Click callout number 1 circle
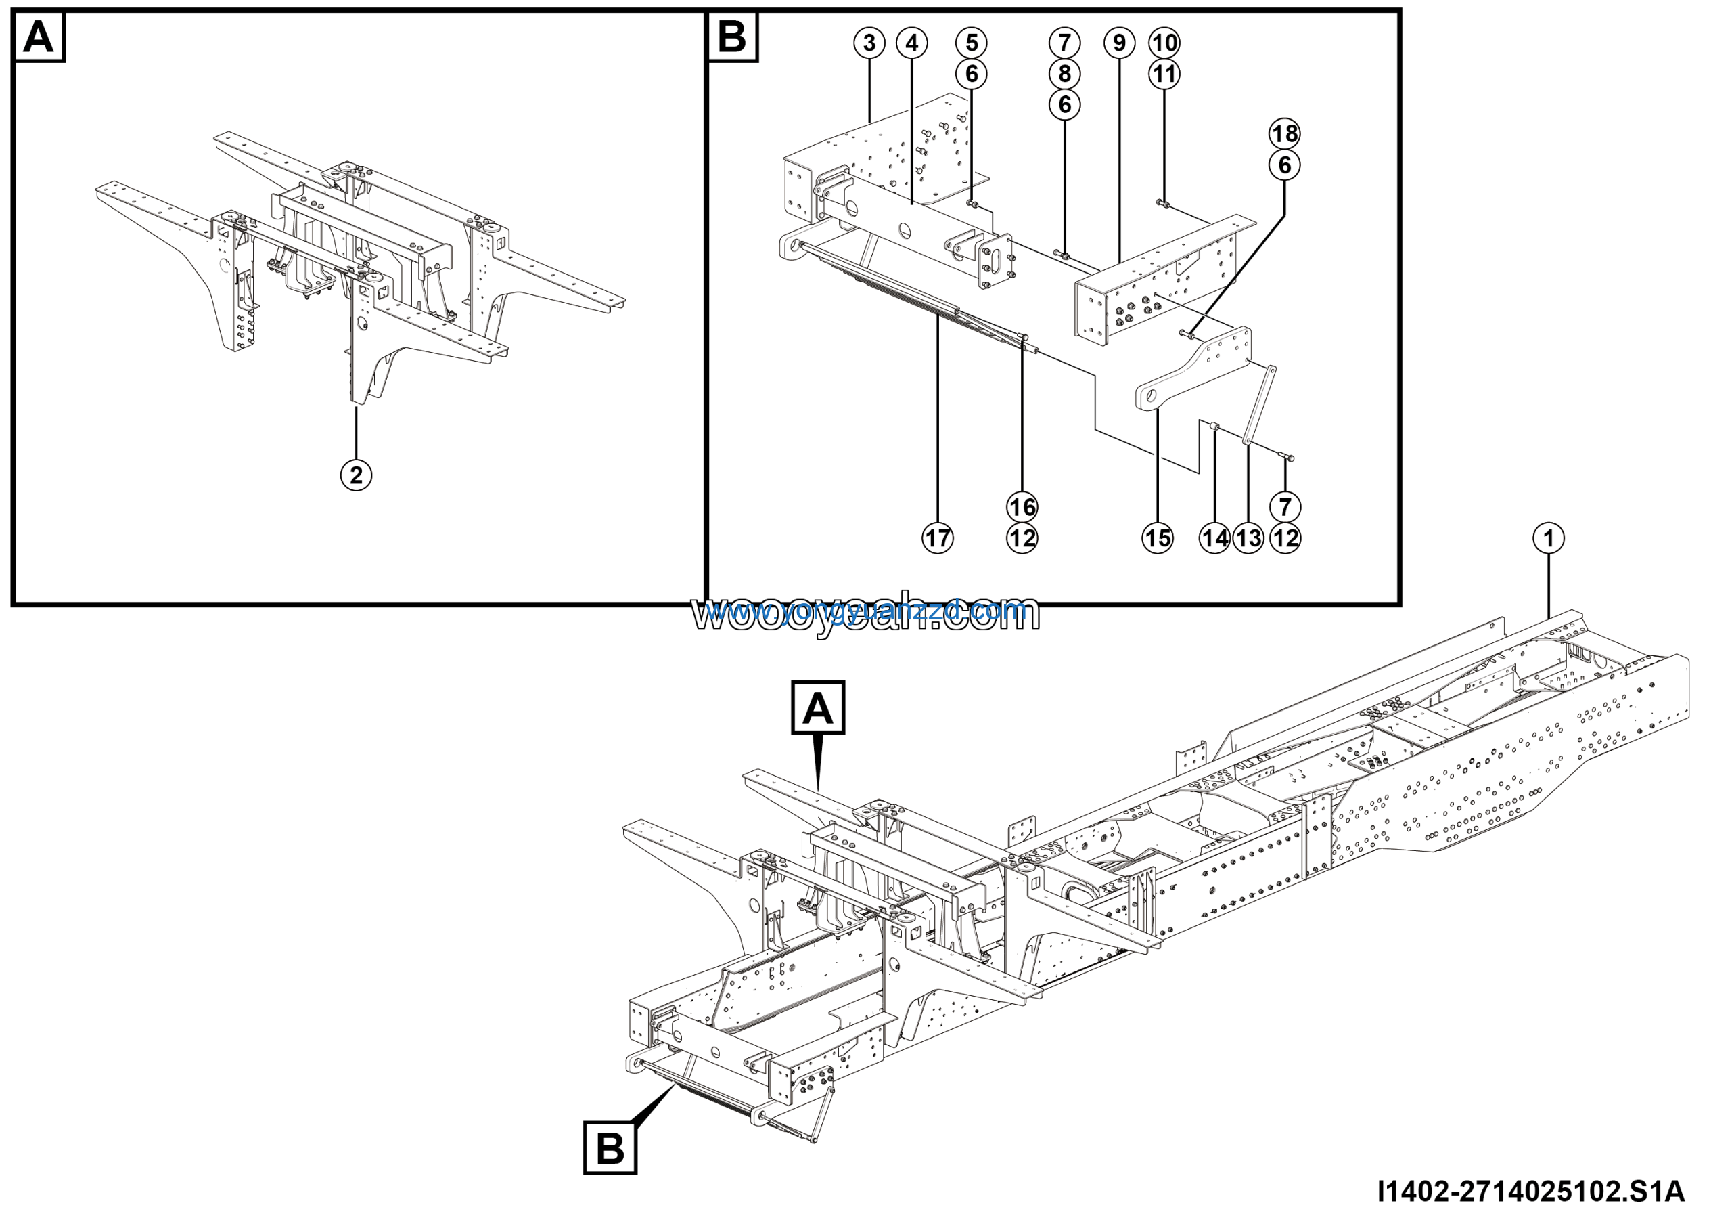tap(1549, 538)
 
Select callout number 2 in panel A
tap(356, 475)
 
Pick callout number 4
tap(911, 43)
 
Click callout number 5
tap(972, 43)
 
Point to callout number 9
tap(1119, 43)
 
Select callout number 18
tap(1285, 134)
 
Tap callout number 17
tap(938, 538)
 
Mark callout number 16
tap(1022, 506)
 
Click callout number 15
tap(1157, 538)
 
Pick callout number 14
tap(1214, 538)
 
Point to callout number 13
tap(1248, 538)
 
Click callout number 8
tap(1064, 74)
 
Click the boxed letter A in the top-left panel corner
tap(39, 37)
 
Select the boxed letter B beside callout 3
tap(732, 37)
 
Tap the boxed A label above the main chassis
tap(818, 708)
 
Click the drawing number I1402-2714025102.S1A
tap(1530, 1192)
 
